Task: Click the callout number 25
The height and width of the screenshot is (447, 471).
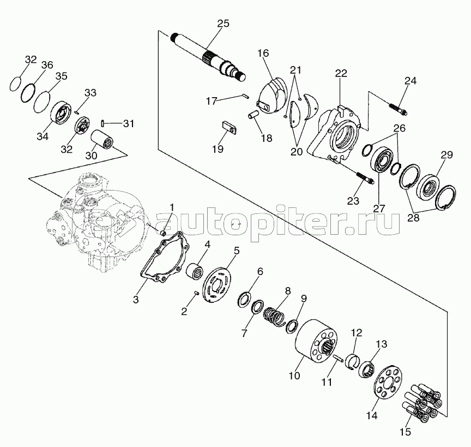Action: point(222,23)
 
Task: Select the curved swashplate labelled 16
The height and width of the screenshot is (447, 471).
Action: point(272,97)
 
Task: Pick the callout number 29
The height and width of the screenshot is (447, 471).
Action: point(446,156)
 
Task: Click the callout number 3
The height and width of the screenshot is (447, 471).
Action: point(136,300)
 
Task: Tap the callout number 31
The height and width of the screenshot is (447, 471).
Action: point(128,123)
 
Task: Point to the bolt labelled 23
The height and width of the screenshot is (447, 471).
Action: point(364,178)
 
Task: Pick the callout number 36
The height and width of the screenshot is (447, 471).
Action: point(47,65)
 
